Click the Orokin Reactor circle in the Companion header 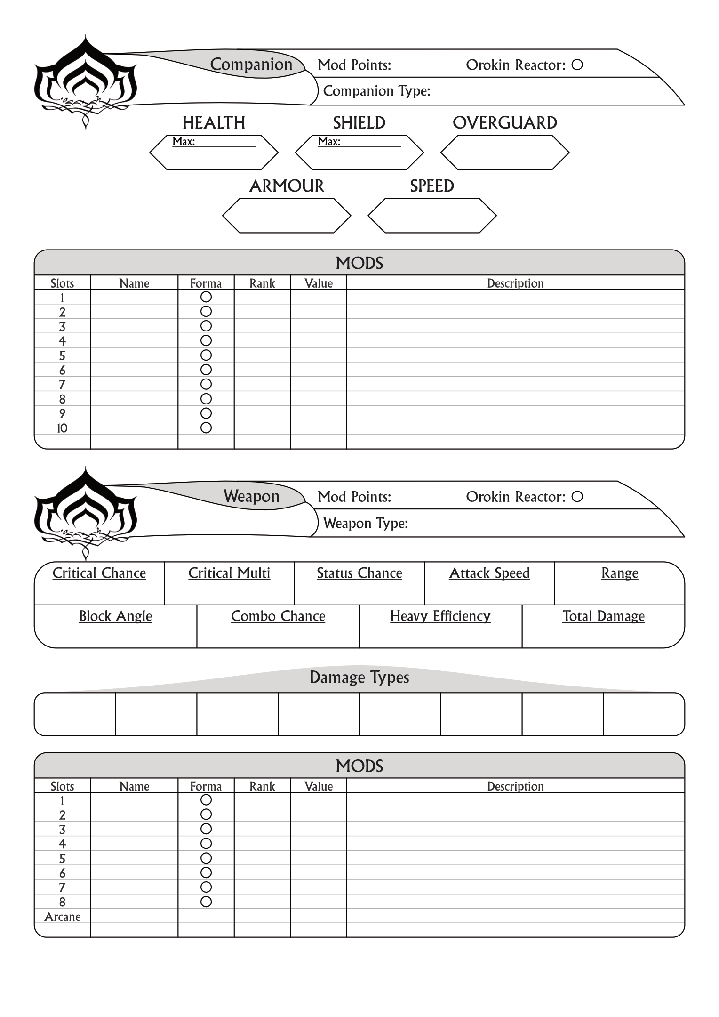click(577, 65)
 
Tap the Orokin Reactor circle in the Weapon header click(577, 497)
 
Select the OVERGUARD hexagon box click(505, 153)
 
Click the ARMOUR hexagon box click(287, 216)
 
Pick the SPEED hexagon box click(432, 216)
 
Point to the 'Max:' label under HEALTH click(184, 142)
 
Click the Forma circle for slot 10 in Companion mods click(206, 428)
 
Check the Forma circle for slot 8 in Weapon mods click(206, 902)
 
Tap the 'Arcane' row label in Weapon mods click(63, 917)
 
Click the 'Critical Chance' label click(99, 573)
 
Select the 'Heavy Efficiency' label click(440, 616)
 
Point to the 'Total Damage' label click(603, 616)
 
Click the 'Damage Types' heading click(359, 678)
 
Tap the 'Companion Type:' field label click(377, 91)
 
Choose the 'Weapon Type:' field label click(366, 523)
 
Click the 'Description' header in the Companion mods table click(515, 283)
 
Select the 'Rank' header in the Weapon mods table click(262, 786)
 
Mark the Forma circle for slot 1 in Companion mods click(206, 297)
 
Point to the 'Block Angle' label click(115, 616)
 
